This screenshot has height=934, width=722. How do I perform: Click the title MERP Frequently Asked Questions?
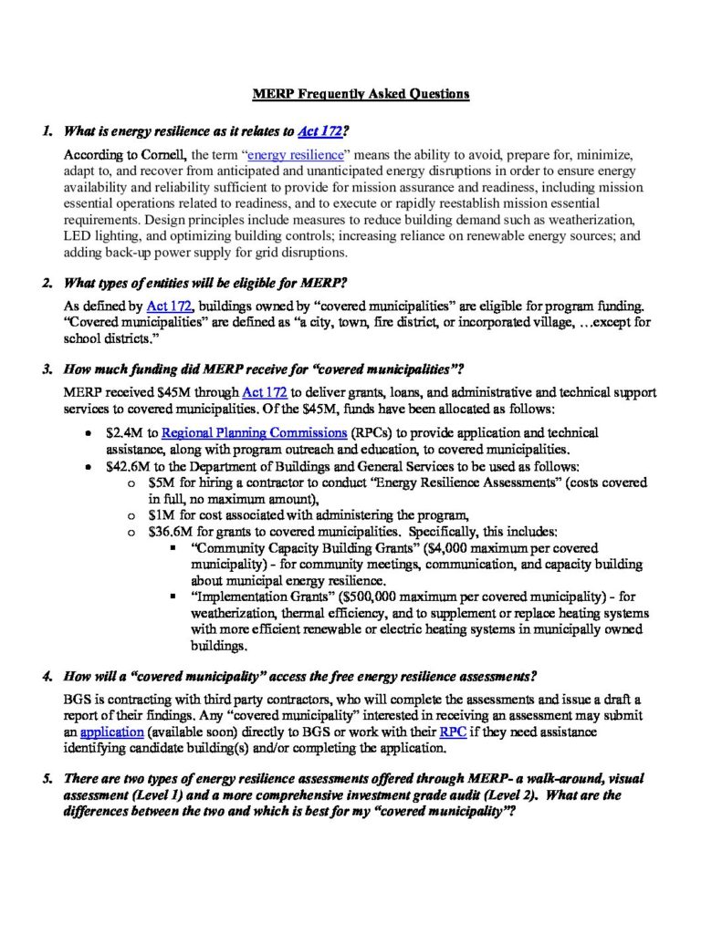[x=361, y=94]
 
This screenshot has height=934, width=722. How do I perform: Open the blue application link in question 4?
[x=111, y=732]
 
